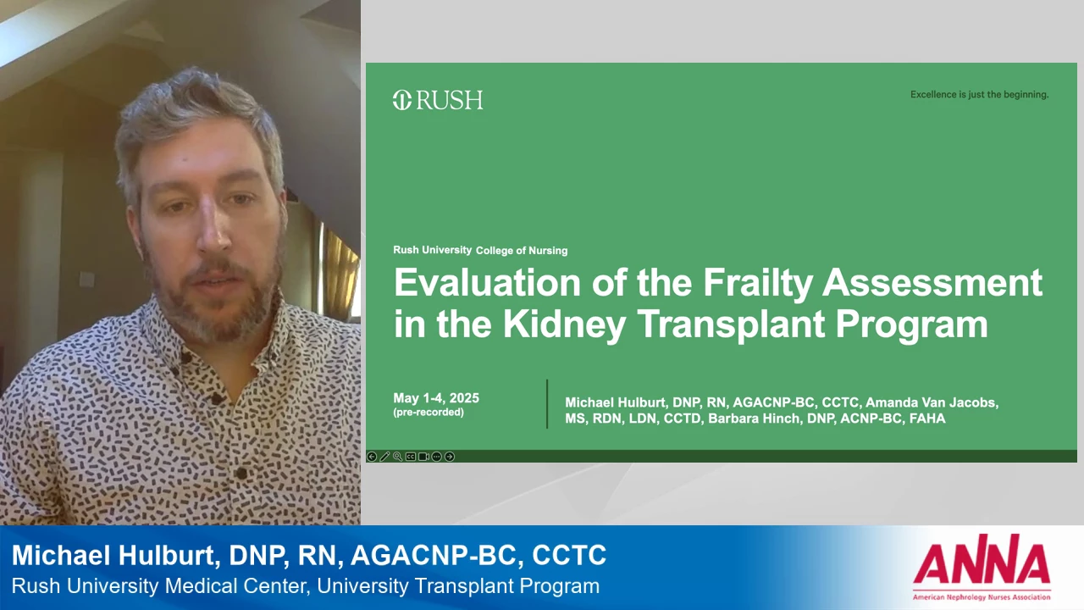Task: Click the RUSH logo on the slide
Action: pos(438,100)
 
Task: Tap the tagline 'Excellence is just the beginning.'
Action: pos(980,94)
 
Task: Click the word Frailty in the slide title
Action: pos(758,282)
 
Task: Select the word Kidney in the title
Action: pos(565,324)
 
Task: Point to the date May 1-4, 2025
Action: pos(436,398)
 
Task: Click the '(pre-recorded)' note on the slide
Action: pos(429,413)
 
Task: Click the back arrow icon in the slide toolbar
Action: pos(372,457)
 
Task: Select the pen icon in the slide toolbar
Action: pos(384,457)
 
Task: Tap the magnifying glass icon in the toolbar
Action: pos(398,457)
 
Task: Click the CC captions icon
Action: pos(411,457)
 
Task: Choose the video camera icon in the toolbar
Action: pos(423,457)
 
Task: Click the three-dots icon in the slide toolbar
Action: pos(436,457)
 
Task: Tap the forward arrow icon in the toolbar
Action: pos(450,457)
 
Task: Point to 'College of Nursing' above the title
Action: pos(522,251)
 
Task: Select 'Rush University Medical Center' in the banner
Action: pos(159,586)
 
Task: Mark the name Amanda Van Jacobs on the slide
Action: pos(932,402)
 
